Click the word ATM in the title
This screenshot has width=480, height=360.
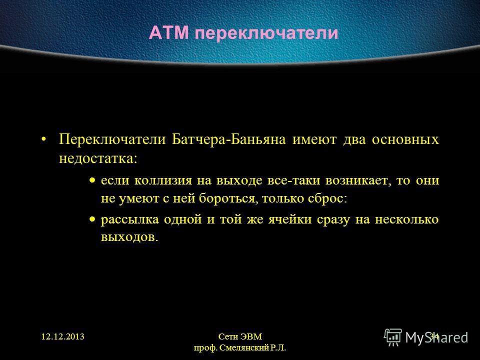[x=168, y=33]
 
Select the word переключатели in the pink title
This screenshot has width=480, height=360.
[x=266, y=33]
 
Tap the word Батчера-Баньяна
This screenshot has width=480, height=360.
[x=228, y=139]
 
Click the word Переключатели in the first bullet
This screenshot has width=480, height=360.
[x=112, y=139]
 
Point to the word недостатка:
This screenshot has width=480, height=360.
[x=98, y=158]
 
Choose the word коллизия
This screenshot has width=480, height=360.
[x=163, y=180]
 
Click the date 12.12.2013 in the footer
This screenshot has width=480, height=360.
[x=63, y=336]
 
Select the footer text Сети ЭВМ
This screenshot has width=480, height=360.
[x=240, y=336]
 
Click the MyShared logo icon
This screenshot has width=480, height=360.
[x=393, y=337]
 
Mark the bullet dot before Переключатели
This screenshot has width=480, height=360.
[x=44, y=140]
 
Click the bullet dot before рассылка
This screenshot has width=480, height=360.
[x=92, y=219]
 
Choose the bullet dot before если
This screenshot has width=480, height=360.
[x=92, y=180]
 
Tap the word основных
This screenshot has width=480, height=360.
[x=405, y=139]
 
